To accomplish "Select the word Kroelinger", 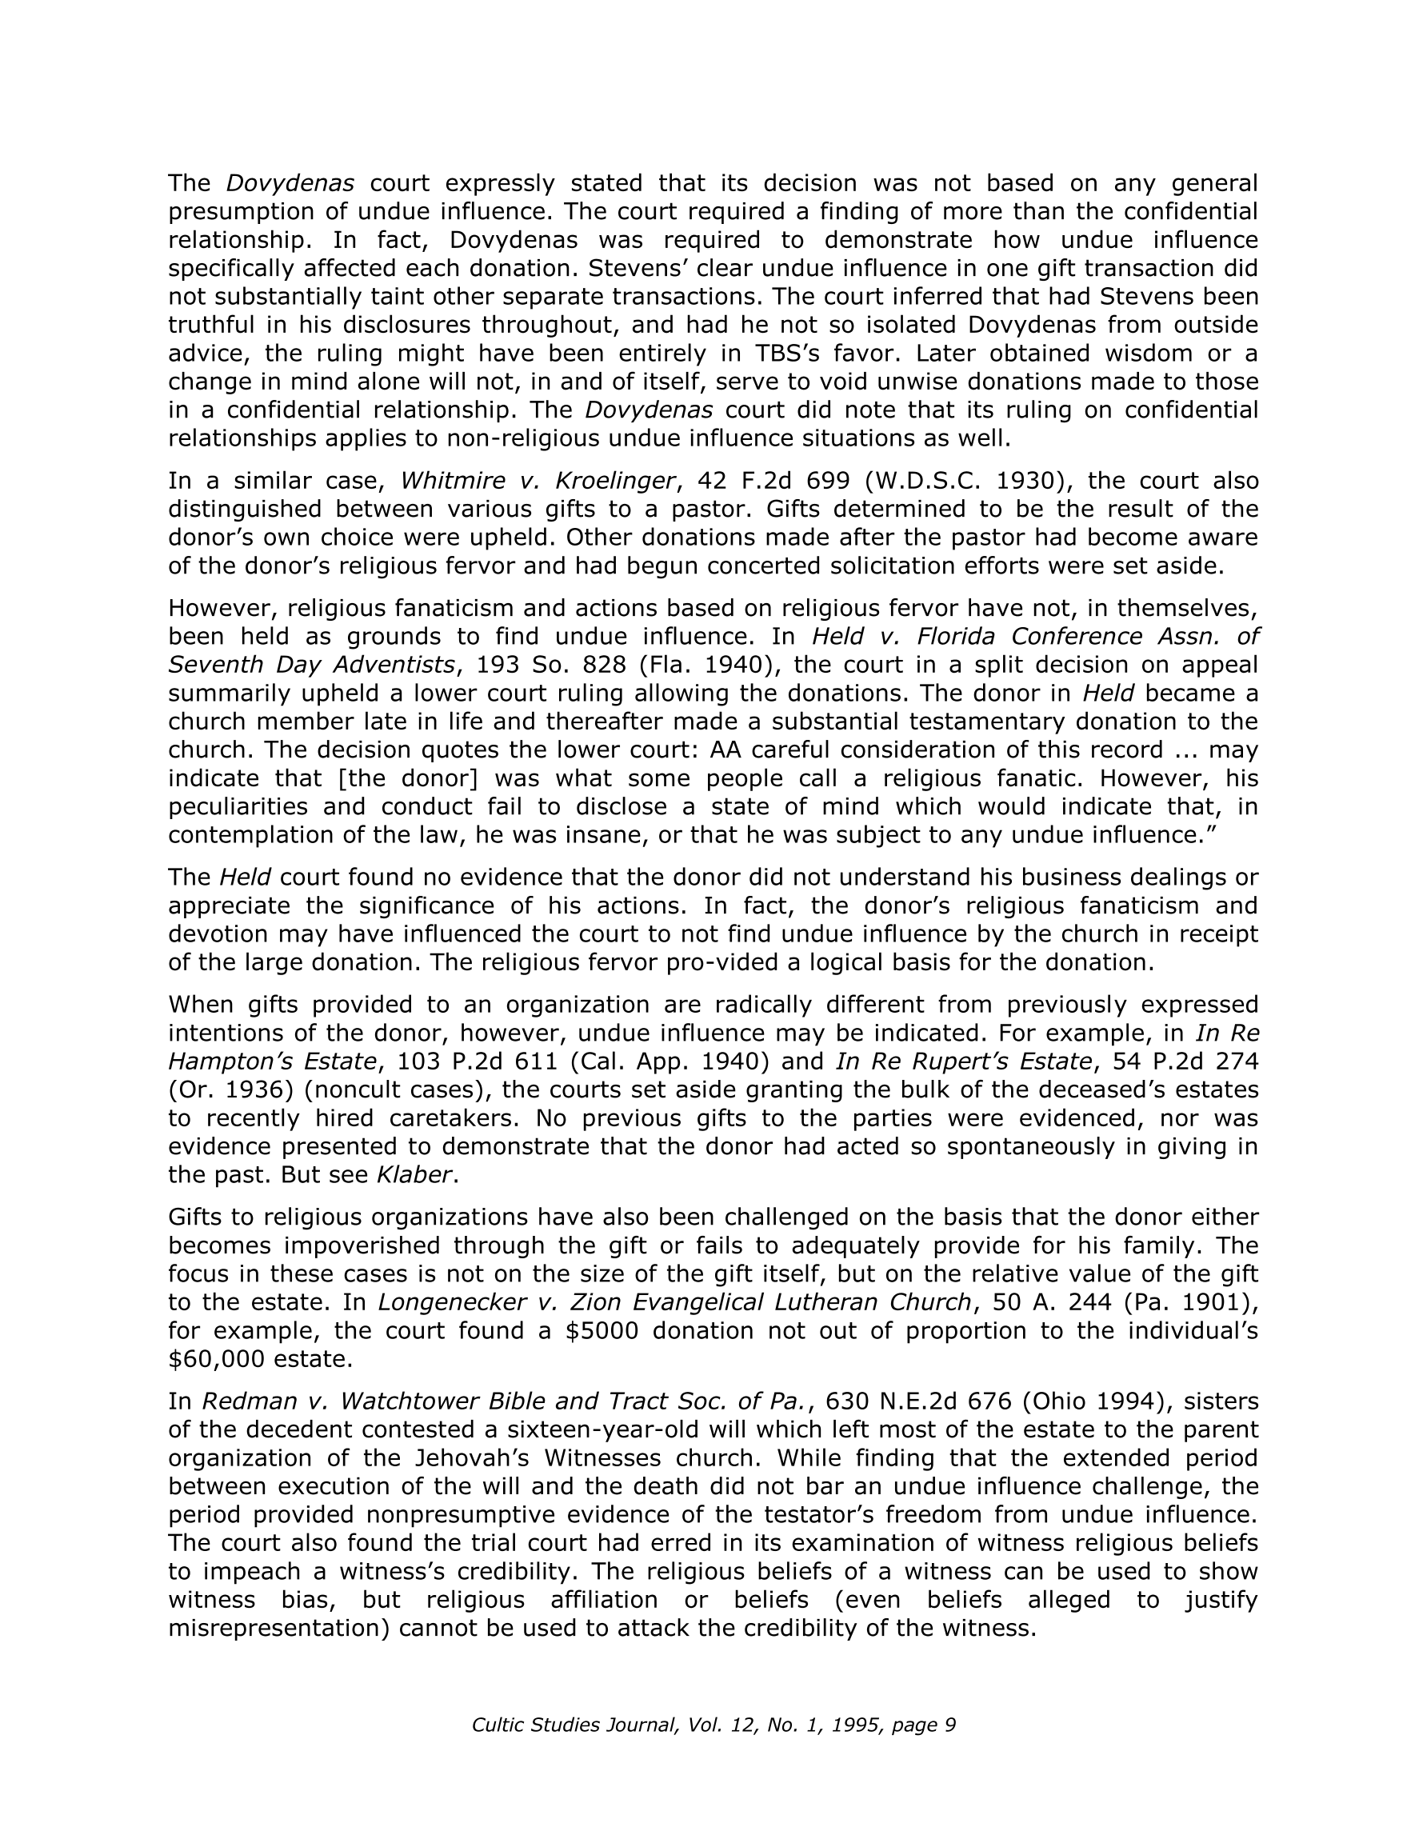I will point(615,481).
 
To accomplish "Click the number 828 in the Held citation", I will point(606,665).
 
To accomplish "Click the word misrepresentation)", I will point(279,1628).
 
